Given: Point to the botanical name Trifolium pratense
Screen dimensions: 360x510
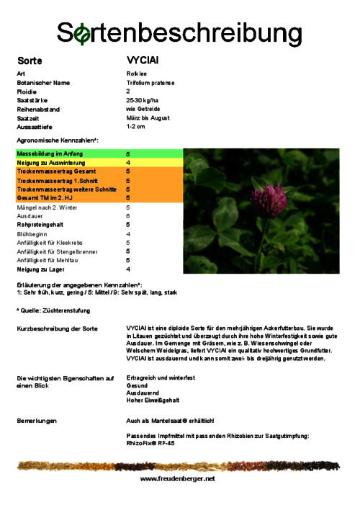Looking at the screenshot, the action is (x=150, y=83).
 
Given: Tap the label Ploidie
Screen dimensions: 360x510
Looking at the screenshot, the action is (x=27, y=91).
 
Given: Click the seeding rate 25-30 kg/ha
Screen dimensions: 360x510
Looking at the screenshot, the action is (x=143, y=100).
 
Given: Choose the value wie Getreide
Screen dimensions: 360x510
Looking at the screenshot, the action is (x=140, y=109).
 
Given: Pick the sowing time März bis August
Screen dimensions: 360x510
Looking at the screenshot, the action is (x=148, y=117).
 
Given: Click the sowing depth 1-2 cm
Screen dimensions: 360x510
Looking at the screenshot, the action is (x=135, y=126).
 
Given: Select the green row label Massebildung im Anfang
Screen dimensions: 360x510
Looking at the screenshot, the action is (x=50, y=154).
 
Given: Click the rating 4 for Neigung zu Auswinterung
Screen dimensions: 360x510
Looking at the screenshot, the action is (x=128, y=163).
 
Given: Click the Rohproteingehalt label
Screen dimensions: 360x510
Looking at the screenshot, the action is (x=40, y=225).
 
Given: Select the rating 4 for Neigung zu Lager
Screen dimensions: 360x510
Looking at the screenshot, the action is (x=128, y=269).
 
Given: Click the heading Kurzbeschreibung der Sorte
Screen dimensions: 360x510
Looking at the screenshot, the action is (x=57, y=328).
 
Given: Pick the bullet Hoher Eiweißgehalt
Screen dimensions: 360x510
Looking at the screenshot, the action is (x=153, y=400).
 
